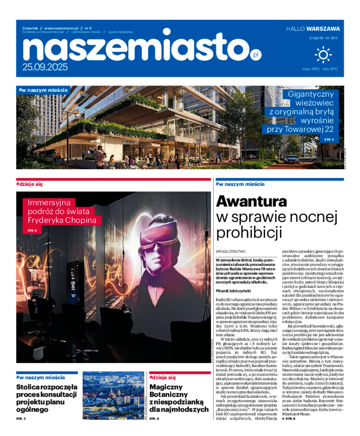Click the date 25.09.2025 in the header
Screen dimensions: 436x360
click(x=45, y=67)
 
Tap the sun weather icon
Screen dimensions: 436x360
click(x=323, y=54)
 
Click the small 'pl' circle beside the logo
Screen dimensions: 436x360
click(x=256, y=55)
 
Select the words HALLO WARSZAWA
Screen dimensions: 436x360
click(x=313, y=29)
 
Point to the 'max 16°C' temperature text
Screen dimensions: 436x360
click(x=311, y=69)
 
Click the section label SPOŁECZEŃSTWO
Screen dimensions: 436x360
click(x=230, y=252)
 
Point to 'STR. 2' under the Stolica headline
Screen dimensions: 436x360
click(x=21, y=419)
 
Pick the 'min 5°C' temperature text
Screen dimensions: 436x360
click(x=330, y=69)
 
